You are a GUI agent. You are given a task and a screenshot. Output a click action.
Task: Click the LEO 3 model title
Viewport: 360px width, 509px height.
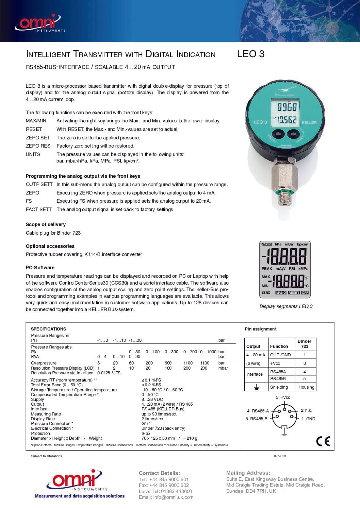tap(251, 54)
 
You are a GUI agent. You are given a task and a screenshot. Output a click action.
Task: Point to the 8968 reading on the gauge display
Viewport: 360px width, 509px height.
tap(287, 107)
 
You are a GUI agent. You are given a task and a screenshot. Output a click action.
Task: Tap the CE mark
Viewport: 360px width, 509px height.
tap(323, 441)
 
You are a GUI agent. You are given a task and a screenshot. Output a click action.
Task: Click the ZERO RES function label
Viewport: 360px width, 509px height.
tap(38, 146)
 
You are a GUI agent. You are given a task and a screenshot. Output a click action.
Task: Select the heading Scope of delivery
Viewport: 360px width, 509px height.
tap(46, 224)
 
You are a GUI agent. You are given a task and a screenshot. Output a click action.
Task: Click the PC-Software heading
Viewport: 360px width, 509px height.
tap(40, 268)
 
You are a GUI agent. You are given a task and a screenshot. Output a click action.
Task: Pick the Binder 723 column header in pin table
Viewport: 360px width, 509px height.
tap(305, 344)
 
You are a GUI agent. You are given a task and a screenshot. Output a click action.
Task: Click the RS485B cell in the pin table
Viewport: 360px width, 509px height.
tap(278, 378)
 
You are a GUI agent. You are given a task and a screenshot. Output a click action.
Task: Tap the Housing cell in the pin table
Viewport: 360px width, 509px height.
tap(306, 387)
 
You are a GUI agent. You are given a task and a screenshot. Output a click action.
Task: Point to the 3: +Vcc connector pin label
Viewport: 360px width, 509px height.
tap(283, 397)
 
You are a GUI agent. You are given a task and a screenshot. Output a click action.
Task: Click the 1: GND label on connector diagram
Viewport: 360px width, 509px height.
tap(308, 419)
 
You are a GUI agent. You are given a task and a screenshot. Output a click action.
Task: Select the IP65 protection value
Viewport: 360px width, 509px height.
tap(146, 434)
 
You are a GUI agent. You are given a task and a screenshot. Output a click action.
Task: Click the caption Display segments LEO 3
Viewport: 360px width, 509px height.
tap(286, 306)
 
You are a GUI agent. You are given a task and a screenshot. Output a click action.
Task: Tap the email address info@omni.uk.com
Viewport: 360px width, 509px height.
tap(173, 497)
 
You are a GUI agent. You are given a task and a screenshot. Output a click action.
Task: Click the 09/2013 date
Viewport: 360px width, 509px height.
tap(280, 456)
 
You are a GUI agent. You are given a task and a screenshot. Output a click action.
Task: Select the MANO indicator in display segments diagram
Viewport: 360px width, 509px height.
tap(281, 292)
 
